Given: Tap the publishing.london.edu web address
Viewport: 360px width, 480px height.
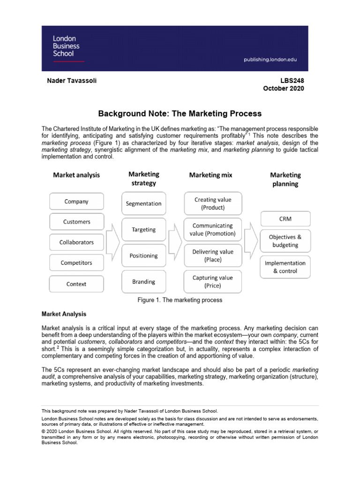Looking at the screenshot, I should [x=270, y=60].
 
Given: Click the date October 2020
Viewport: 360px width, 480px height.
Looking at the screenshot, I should [x=283, y=89].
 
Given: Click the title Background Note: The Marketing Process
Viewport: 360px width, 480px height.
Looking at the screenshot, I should [x=180, y=113].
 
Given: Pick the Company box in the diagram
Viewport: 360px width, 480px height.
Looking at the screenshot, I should [x=76, y=202].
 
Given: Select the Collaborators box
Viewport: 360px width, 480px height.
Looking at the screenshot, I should [x=76, y=242].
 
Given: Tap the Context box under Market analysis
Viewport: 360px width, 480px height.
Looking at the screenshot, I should [x=76, y=284].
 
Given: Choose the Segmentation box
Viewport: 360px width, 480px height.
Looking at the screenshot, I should [x=143, y=203].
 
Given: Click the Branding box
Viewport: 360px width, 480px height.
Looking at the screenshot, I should [x=143, y=282].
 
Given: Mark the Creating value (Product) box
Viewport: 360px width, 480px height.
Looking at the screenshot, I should [x=213, y=203].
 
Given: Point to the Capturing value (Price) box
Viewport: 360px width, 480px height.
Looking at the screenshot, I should [x=213, y=282].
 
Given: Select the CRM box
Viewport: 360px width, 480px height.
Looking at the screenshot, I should [x=285, y=218].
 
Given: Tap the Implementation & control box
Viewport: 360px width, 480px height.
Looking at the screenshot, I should [x=285, y=267].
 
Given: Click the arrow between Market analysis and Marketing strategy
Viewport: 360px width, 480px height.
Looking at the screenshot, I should [x=112, y=242].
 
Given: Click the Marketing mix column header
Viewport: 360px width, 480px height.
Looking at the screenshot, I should [x=210, y=175].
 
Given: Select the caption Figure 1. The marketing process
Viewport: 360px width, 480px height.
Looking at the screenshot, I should [x=180, y=300].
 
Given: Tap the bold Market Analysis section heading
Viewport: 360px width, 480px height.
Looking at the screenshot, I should [x=64, y=314].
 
